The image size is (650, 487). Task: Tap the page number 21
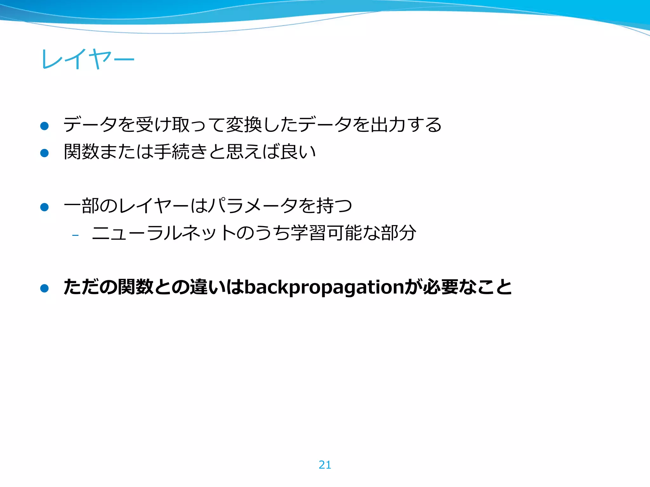pyautogui.click(x=325, y=465)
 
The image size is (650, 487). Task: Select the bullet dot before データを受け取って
pyautogui.click(x=44, y=126)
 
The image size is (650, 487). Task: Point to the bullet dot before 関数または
pyautogui.click(x=44, y=153)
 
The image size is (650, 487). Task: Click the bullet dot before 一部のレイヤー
pyautogui.click(x=44, y=207)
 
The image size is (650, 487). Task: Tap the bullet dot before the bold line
pyautogui.click(x=44, y=288)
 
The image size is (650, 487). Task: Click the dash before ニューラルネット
pyautogui.click(x=75, y=235)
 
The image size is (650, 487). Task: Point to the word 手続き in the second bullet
pyautogui.click(x=181, y=152)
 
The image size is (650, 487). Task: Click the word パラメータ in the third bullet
pyautogui.click(x=253, y=206)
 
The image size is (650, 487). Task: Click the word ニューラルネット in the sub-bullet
pyautogui.click(x=164, y=233)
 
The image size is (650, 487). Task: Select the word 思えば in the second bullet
pyautogui.click(x=253, y=152)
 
